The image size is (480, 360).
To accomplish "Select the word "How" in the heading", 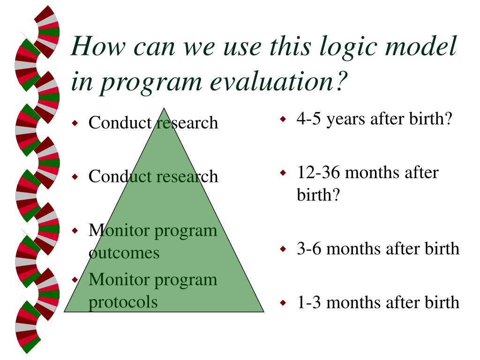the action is click(x=98, y=46).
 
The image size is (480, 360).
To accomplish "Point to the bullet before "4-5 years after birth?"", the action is click(x=283, y=119).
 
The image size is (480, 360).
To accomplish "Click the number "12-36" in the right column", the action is click(x=319, y=172).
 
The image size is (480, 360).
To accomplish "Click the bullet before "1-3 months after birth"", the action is click(x=283, y=303).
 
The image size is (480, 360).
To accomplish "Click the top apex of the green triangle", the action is click(x=164, y=108).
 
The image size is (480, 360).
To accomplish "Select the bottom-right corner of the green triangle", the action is click(x=263, y=312).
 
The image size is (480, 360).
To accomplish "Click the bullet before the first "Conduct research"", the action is click(x=75, y=123).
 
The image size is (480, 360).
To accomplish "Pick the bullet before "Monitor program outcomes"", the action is click(x=75, y=231).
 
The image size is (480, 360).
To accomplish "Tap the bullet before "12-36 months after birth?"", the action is click(x=283, y=172).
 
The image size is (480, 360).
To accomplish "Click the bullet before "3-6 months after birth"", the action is click(x=283, y=249).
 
